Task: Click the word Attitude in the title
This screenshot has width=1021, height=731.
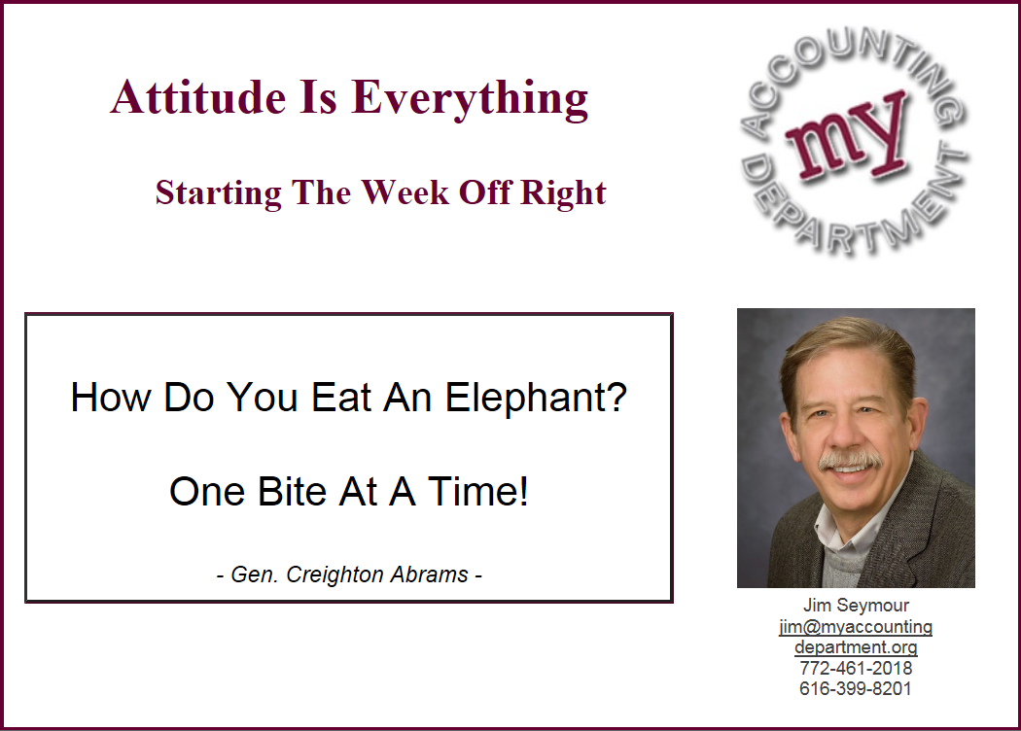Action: coord(198,97)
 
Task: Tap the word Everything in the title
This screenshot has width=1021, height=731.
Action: coord(470,99)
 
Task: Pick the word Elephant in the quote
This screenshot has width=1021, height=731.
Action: coord(528,398)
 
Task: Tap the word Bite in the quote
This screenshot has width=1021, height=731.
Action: coord(292,491)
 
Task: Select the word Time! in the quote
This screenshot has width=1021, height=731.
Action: coord(477,491)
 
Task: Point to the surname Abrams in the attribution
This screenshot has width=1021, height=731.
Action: coord(429,574)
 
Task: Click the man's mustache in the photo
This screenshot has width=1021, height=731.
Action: coord(851,460)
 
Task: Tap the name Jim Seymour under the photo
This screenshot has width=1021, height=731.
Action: coord(856,606)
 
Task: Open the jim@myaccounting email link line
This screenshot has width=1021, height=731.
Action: coord(856,627)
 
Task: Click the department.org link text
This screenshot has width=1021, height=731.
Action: coord(856,647)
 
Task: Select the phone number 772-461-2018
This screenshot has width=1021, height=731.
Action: coord(856,668)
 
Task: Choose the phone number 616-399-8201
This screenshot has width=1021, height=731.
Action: coord(856,688)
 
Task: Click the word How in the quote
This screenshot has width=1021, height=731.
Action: coord(111,397)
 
